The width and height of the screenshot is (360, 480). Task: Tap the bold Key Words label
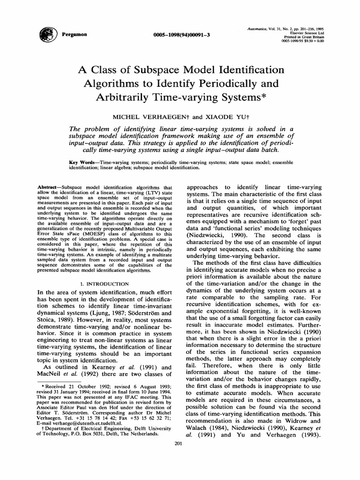point(82,161)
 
